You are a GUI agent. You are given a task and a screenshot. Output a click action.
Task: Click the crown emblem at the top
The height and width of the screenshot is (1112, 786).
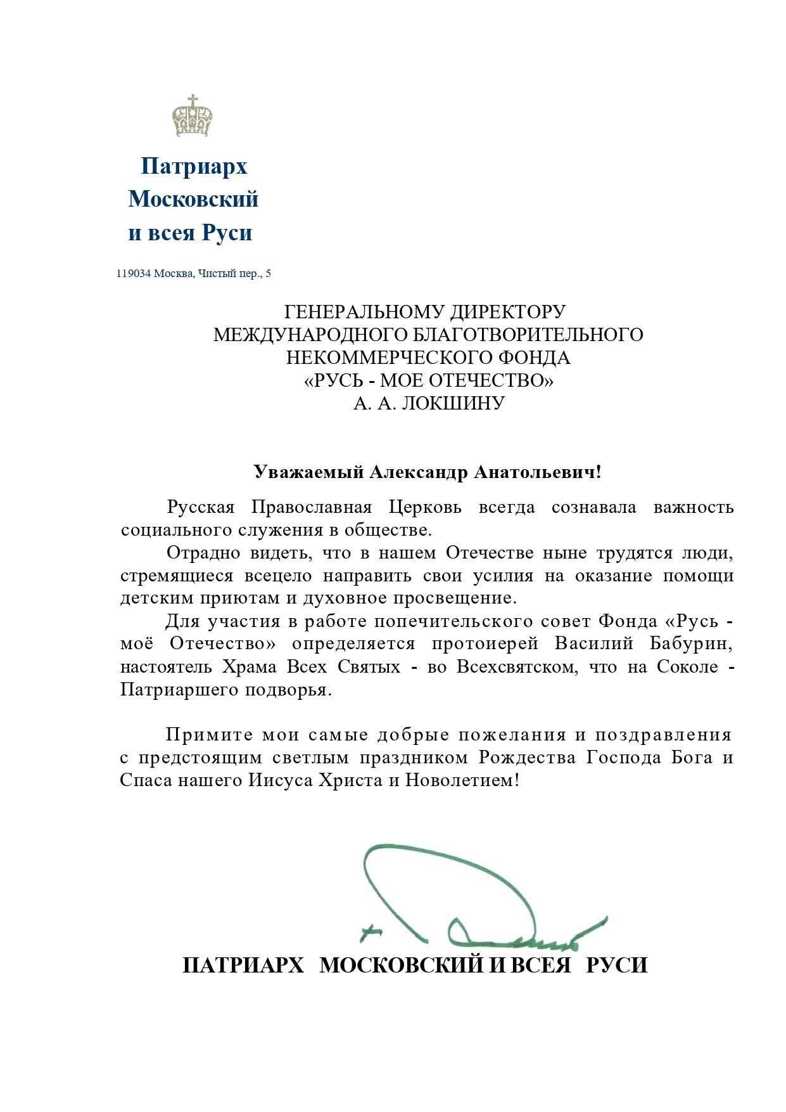point(193,116)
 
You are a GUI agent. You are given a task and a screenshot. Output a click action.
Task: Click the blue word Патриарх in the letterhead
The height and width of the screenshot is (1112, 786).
point(193,166)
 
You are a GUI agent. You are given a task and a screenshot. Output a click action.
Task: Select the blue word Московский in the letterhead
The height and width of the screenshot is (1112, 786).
point(193,199)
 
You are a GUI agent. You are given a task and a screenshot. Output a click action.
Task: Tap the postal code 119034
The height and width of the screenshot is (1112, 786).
point(133,274)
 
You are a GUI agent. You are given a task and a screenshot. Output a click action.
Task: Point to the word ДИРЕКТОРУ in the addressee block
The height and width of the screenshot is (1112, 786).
point(507,312)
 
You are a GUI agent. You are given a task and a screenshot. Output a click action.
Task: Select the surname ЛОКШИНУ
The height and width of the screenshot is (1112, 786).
point(453,403)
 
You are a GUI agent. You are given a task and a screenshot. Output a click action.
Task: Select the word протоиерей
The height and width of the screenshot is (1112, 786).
point(485,643)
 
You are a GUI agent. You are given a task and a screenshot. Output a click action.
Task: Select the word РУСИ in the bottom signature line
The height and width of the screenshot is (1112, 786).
point(617,965)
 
